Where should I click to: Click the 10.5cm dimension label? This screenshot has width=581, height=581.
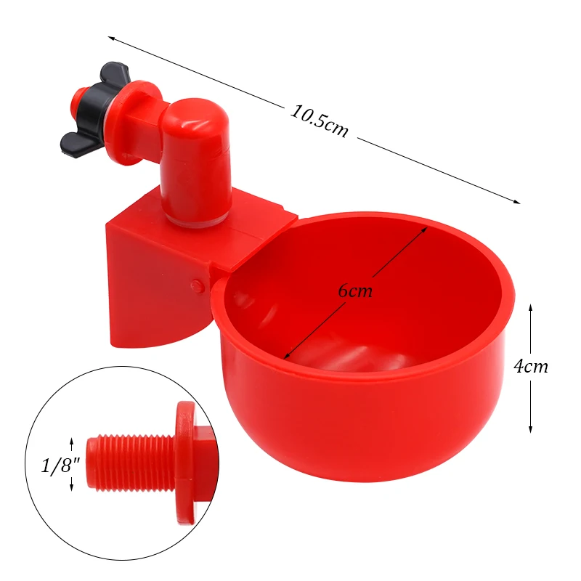(x=320, y=121)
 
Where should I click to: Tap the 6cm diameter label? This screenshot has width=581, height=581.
(x=355, y=291)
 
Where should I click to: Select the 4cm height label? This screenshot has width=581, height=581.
(x=531, y=367)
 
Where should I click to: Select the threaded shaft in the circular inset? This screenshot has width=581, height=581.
(x=131, y=463)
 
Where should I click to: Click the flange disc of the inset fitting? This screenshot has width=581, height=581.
(x=185, y=461)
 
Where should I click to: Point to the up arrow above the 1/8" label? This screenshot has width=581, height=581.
(x=71, y=442)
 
